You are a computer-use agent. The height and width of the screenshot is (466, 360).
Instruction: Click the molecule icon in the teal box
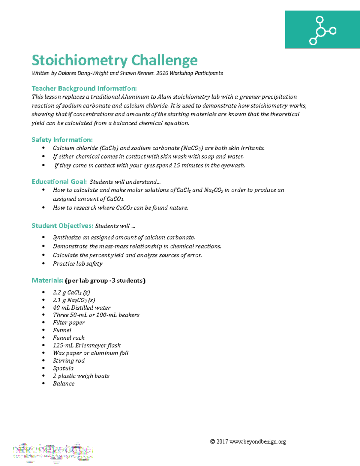coord(322,31)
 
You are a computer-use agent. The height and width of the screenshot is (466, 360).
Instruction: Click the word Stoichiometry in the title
coord(79,60)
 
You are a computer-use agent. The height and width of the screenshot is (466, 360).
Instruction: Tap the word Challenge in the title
coord(164,60)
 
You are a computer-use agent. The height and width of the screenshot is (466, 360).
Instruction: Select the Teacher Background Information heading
coord(84,88)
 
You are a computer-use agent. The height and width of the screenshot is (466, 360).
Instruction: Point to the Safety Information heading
coord(62,140)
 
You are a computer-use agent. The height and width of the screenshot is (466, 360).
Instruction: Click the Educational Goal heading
coord(59,182)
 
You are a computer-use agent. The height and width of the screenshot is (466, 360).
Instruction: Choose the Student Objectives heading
coord(62,226)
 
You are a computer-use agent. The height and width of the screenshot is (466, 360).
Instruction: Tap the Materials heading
coord(47,280)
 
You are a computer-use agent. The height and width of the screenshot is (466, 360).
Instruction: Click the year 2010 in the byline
coord(162,73)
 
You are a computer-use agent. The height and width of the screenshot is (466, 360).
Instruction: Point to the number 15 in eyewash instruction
coord(177,165)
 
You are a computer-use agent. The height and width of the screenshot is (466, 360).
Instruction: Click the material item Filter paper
coord(69,323)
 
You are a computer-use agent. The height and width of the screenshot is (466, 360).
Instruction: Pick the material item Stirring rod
coord(69,361)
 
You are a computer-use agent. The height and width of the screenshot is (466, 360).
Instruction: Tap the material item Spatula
coord(63,368)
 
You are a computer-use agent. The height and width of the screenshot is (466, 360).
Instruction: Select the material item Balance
coord(64,383)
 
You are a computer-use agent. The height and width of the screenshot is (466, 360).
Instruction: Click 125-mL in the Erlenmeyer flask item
coord(63,345)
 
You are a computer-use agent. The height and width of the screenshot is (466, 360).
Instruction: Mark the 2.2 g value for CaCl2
coord(59,293)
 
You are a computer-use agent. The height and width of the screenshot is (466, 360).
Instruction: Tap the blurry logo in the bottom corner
coord(52,452)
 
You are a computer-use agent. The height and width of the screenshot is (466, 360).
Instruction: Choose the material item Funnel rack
coord(69,338)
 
